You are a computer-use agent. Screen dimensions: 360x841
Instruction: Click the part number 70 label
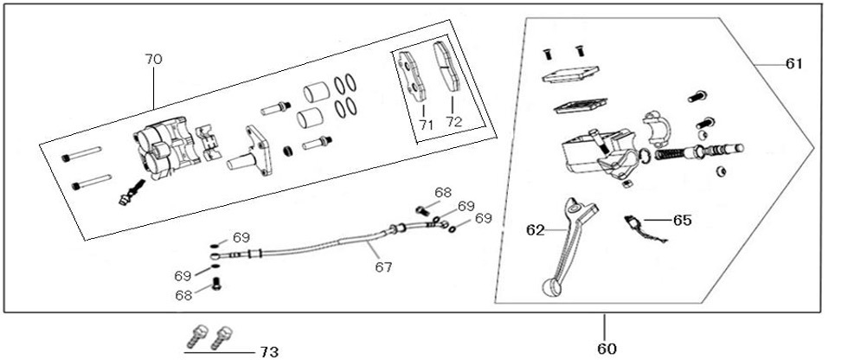(153, 59)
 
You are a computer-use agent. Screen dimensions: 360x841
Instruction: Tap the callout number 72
(454, 123)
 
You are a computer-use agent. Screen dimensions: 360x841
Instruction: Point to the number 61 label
(794, 64)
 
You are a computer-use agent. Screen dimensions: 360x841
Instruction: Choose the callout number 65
(682, 221)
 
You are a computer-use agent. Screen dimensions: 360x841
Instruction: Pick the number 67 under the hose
(382, 267)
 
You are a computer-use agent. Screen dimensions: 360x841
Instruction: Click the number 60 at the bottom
(606, 349)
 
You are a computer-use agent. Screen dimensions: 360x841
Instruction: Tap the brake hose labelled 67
(320, 242)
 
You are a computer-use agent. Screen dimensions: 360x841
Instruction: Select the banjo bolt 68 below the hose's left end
(217, 285)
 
